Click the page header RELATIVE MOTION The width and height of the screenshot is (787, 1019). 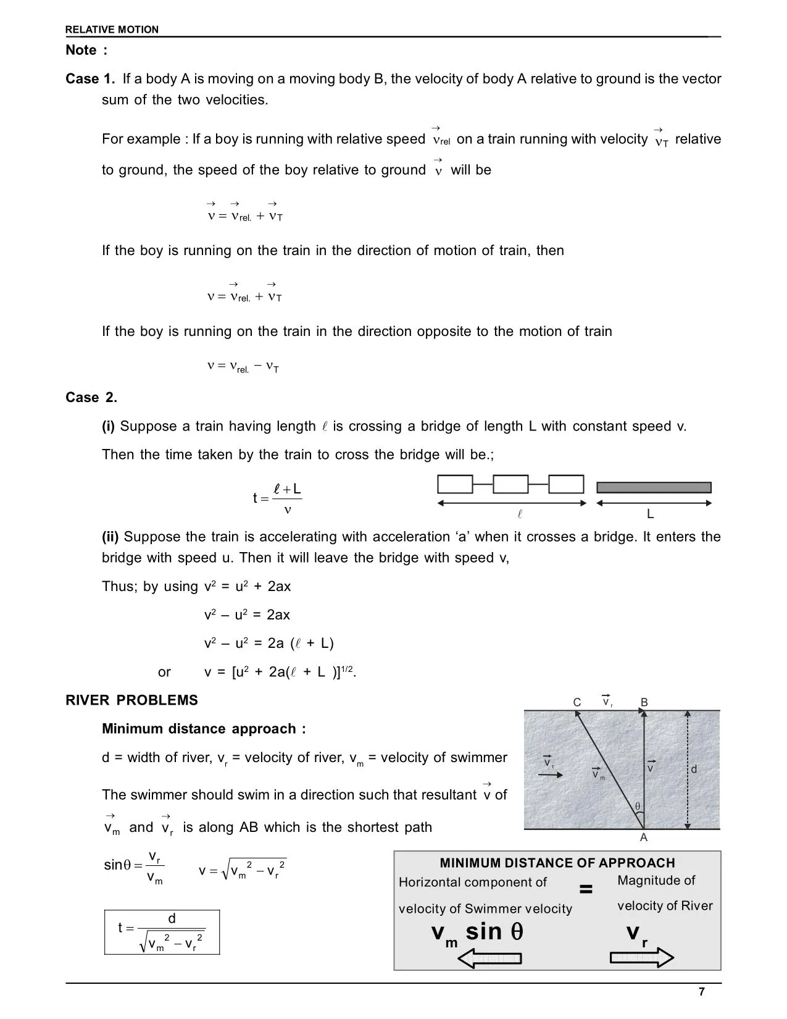point(112,30)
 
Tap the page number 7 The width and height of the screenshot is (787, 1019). point(701,992)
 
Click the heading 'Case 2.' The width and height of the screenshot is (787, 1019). point(91,398)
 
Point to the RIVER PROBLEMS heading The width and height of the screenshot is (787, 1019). point(131,700)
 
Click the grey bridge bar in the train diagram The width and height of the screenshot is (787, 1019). point(654,487)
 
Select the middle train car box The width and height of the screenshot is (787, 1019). point(510,484)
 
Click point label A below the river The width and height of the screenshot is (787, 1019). point(644,838)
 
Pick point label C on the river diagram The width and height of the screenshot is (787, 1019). point(577,703)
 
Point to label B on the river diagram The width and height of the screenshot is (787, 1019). point(644,703)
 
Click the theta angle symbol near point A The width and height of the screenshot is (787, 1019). point(638,807)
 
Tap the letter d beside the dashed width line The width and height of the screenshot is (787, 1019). point(694,769)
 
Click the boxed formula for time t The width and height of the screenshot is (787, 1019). point(162,932)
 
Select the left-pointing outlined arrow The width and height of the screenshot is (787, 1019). point(489,958)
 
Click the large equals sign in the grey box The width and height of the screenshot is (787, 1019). point(586,889)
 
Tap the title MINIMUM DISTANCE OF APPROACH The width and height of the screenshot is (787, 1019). point(557,863)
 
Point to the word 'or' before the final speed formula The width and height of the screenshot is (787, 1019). point(164,672)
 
